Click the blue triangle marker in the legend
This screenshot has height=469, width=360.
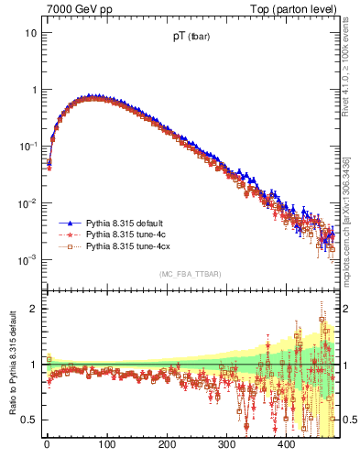coord(69,223)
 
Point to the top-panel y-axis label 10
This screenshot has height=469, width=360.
coord(31,33)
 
